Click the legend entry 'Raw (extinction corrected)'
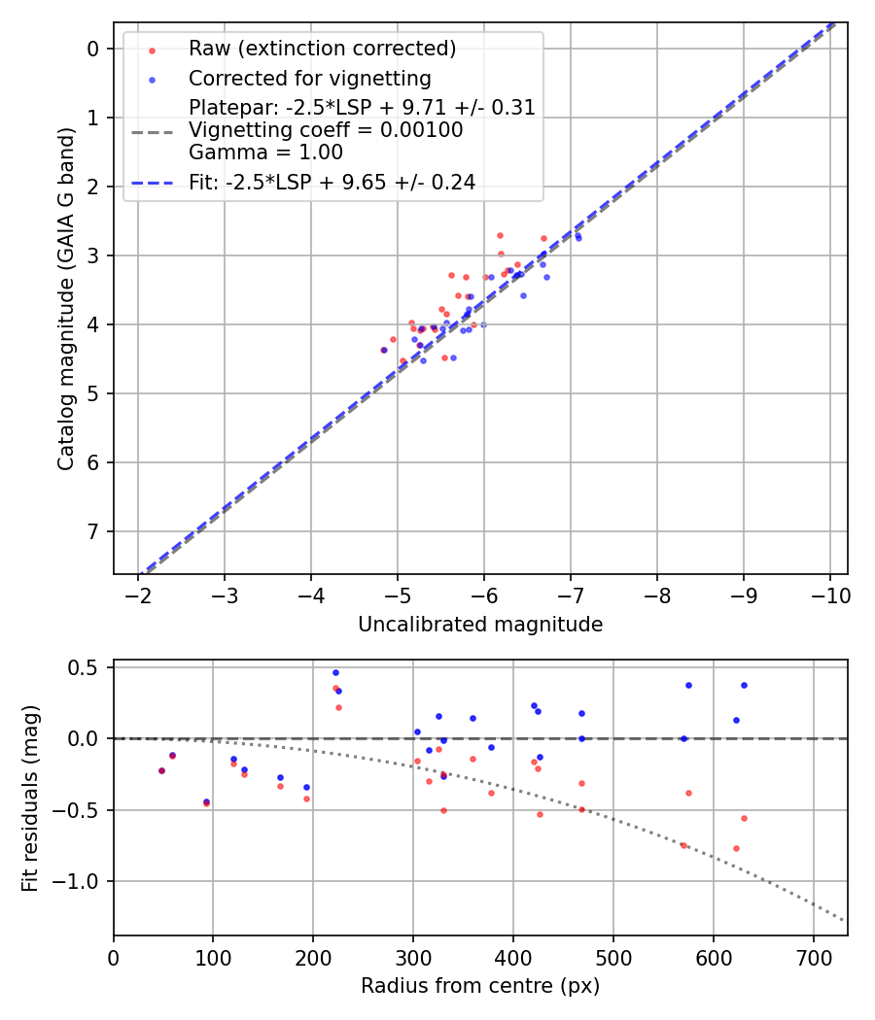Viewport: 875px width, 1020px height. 322,49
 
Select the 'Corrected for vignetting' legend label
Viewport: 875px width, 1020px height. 309,78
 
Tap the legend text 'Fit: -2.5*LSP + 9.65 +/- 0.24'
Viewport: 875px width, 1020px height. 332,182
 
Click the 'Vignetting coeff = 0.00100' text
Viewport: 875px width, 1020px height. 326,130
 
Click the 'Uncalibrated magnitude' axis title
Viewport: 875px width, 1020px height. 480,625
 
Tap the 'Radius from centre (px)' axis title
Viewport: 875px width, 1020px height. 480,986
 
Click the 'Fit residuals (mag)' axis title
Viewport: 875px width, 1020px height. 31,798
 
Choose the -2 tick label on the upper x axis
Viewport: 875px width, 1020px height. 139,594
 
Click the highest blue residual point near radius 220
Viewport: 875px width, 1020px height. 335,672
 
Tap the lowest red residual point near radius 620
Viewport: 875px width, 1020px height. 736,848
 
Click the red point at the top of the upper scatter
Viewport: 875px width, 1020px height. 500,235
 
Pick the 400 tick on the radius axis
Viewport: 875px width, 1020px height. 513,955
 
